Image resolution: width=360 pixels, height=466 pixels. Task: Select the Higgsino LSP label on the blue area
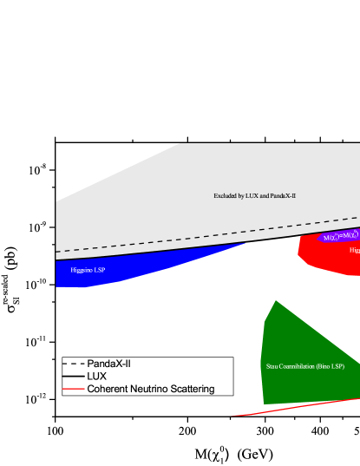click(x=88, y=270)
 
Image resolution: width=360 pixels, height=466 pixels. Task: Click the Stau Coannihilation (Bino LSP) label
click(x=305, y=366)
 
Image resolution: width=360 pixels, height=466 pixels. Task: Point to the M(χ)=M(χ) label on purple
click(x=340, y=236)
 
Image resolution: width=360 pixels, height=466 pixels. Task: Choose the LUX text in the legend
click(x=97, y=377)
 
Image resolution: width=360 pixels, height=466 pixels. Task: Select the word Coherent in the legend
click(x=108, y=389)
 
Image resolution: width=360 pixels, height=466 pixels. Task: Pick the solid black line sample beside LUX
click(x=74, y=377)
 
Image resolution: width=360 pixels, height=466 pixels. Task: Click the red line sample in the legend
click(x=74, y=389)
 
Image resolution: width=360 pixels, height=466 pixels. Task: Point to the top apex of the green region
click(x=275, y=301)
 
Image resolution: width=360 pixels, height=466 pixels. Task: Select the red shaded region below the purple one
click(x=325, y=256)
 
